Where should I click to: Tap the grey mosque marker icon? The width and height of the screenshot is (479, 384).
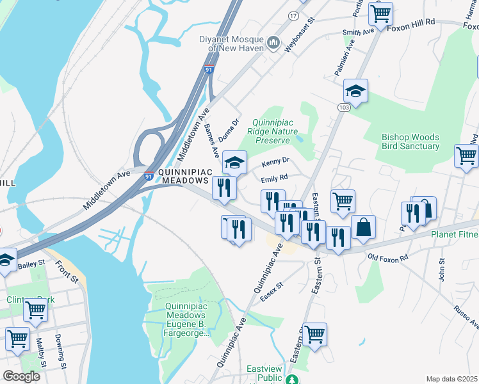[x=274, y=43]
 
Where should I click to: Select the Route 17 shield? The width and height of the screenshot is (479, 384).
[x=293, y=15]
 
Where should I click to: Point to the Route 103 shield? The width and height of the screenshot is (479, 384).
[x=345, y=108]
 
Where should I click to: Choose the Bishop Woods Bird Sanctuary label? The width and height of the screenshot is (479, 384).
[x=410, y=141]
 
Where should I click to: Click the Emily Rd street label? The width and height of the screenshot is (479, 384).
[x=274, y=178]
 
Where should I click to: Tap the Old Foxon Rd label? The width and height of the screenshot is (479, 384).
[x=388, y=258]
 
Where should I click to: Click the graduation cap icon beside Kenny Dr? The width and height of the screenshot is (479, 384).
[x=235, y=163]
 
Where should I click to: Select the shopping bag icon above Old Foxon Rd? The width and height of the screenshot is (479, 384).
[x=363, y=227]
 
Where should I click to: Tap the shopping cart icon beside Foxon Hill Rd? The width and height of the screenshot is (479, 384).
[x=381, y=13]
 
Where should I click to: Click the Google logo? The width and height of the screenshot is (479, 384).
[x=21, y=376]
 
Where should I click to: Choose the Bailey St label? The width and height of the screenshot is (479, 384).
[x=31, y=264]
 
